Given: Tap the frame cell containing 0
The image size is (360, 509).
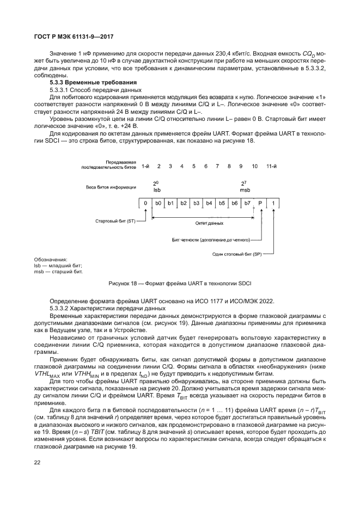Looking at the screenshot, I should point(145,203).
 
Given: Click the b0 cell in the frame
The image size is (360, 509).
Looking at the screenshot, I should point(158,203).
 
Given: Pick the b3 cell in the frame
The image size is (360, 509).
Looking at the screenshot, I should point(196,203).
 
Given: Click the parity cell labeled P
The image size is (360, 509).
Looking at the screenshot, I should point(260,203).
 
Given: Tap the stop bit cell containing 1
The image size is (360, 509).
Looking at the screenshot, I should point(273,203).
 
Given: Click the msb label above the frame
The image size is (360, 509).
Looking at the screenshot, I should point(245,190).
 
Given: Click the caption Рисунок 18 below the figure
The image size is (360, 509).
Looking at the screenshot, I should point(180,283).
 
